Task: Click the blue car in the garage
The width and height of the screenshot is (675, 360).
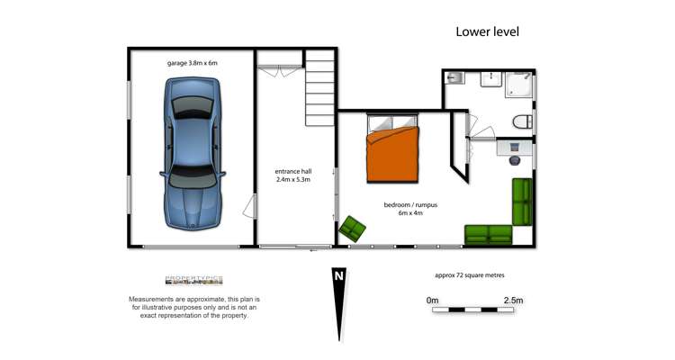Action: point(192,153)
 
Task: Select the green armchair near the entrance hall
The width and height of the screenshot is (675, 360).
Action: point(353,229)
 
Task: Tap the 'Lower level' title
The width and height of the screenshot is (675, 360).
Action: point(487,31)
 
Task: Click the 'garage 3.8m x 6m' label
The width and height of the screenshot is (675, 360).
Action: point(193,63)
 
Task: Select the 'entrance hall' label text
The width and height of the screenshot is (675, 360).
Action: point(292,170)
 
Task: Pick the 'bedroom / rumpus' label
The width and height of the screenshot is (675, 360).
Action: point(410,205)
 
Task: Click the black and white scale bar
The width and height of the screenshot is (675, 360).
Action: point(473,310)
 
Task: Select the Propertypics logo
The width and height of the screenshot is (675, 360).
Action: point(193,280)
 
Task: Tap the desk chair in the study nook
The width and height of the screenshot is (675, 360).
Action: point(514,159)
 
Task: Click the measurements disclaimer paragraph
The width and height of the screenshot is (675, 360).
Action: point(193,307)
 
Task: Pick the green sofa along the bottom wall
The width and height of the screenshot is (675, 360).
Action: point(489,235)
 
